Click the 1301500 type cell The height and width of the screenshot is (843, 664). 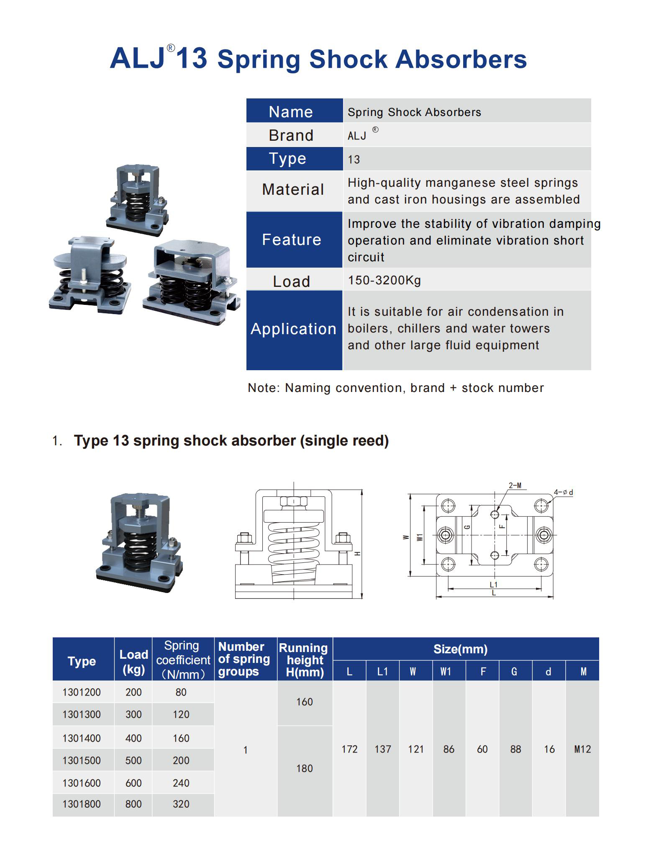coord(82,761)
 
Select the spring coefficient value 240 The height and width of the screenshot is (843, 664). coord(181,783)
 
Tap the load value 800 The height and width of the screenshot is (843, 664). coord(133,804)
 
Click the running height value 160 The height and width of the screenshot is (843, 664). coord(304,702)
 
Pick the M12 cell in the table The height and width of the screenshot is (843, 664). coord(582,749)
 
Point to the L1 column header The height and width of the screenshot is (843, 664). coord(382,672)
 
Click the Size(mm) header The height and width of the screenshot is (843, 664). coord(460,650)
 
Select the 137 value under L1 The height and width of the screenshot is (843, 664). coord(382,749)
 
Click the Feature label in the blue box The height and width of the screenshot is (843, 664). coord(292,240)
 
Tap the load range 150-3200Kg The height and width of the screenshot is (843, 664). coord(384,280)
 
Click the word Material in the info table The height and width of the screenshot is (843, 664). coord(293,190)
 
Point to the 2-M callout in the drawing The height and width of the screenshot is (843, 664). coord(515,486)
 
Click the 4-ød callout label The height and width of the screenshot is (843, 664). coord(563,492)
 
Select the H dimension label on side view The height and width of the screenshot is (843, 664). coord(357,554)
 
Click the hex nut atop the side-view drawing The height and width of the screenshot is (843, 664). coord(293,501)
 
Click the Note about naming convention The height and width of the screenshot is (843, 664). coord(395,388)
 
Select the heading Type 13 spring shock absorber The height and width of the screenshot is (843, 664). coord(231,441)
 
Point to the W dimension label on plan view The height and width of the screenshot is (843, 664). coord(405,537)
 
